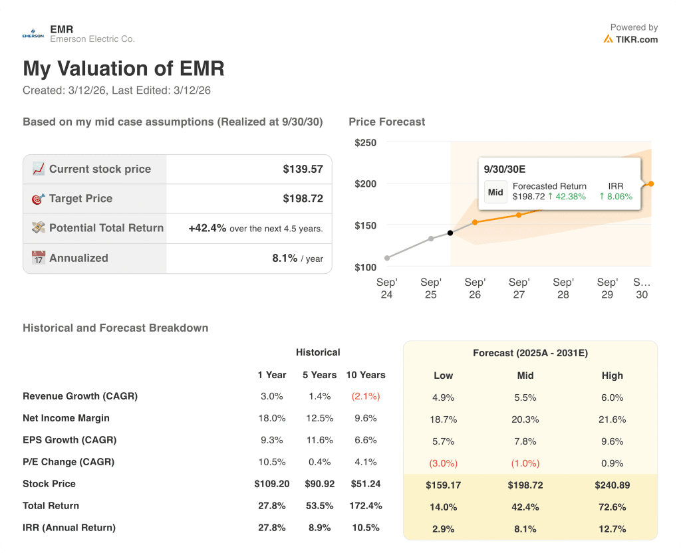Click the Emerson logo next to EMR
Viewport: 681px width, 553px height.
[x=33, y=35]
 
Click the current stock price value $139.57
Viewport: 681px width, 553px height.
[x=303, y=169]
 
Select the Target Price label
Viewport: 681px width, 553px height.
[x=80, y=198]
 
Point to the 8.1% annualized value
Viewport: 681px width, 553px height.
[x=285, y=258]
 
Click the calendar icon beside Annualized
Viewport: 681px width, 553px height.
[x=38, y=258]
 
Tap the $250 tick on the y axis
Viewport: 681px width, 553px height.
[x=365, y=142]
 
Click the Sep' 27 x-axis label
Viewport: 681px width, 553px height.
[x=519, y=288]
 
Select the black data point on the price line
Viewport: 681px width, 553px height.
[x=450, y=233]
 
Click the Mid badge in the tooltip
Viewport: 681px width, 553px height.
[x=495, y=192]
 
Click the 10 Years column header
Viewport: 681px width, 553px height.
[x=365, y=375]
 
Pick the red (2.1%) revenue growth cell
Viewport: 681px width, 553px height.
[x=365, y=396]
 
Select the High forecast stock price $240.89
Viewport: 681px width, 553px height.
[x=612, y=485]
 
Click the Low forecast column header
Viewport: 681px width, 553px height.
[x=443, y=376]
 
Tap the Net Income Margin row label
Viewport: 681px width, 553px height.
[x=66, y=418]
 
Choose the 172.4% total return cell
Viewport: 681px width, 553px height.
[x=365, y=506]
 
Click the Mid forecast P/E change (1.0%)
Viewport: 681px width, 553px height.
[x=525, y=463]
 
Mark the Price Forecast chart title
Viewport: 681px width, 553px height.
[x=386, y=122]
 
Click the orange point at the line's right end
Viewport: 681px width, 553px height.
[x=651, y=184]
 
